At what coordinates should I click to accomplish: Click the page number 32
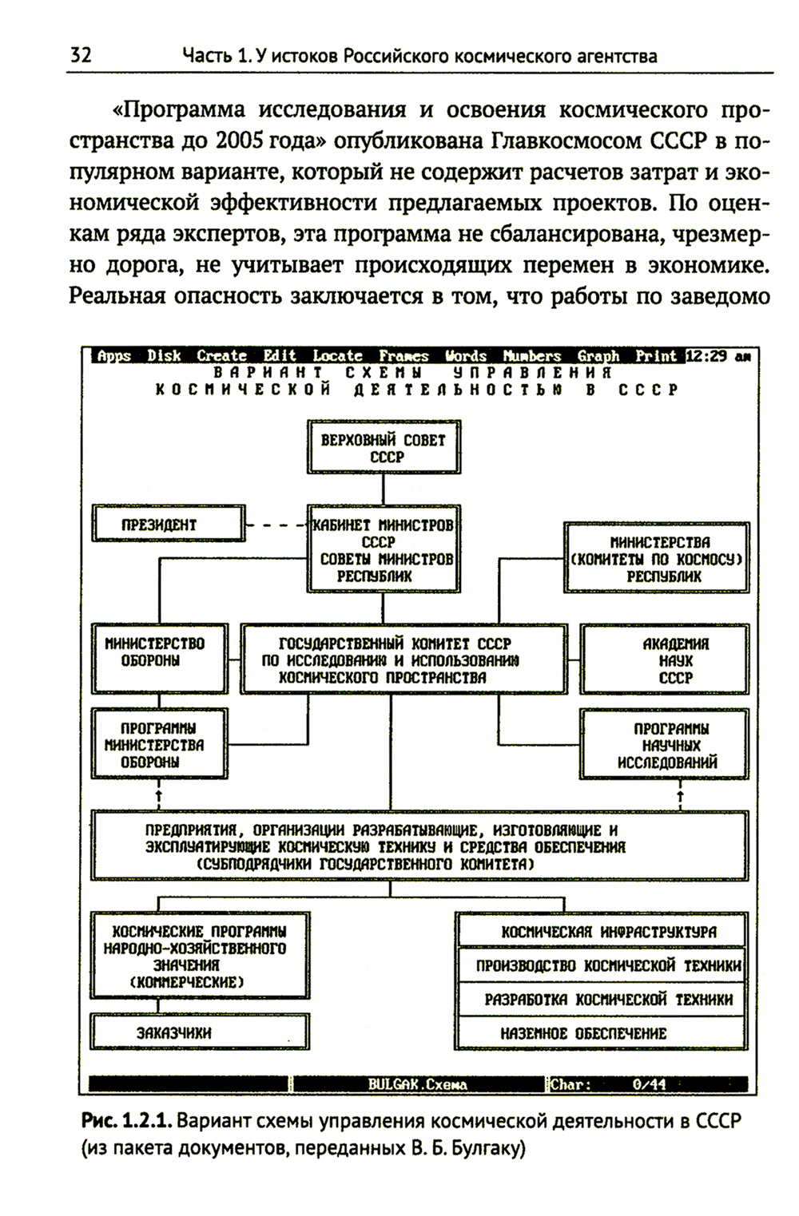(x=81, y=55)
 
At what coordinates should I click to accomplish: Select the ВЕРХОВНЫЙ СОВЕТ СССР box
(x=384, y=448)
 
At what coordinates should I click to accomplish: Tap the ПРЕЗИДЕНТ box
(x=169, y=525)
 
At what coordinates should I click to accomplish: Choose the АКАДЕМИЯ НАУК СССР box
(x=666, y=660)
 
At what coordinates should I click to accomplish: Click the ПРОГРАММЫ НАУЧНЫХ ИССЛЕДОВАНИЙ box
(x=666, y=745)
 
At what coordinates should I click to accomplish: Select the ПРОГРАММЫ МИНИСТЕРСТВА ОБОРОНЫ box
(x=160, y=744)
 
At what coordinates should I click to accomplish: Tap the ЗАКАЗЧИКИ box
(x=199, y=1032)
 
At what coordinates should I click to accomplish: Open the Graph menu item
(x=598, y=356)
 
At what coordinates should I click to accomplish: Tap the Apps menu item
(x=113, y=356)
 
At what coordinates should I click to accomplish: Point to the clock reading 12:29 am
(x=718, y=356)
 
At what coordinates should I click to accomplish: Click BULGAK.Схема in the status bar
(x=417, y=1084)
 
